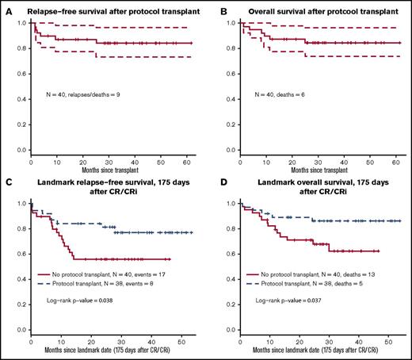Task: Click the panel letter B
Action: (x=215, y=7)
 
